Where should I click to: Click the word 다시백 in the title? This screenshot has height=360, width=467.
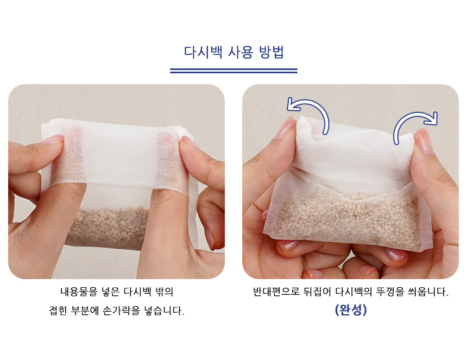[x=203, y=53]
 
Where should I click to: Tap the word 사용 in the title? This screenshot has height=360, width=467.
[x=241, y=53]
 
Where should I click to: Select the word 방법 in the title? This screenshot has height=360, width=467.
[x=272, y=53]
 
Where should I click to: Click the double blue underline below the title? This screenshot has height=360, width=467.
[x=234, y=71]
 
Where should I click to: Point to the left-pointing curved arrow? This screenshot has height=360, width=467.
[x=313, y=104]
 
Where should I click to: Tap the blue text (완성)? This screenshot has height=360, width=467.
[x=351, y=310]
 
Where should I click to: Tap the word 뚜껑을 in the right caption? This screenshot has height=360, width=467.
[x=390, y=292]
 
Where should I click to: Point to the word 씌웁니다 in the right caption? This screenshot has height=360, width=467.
[x=428, y=292]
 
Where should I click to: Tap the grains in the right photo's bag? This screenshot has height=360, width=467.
[x=349, y=217]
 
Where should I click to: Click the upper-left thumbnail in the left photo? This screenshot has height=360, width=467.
[x=52, y=139]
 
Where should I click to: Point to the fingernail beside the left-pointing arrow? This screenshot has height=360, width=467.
[x=286, y=127]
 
